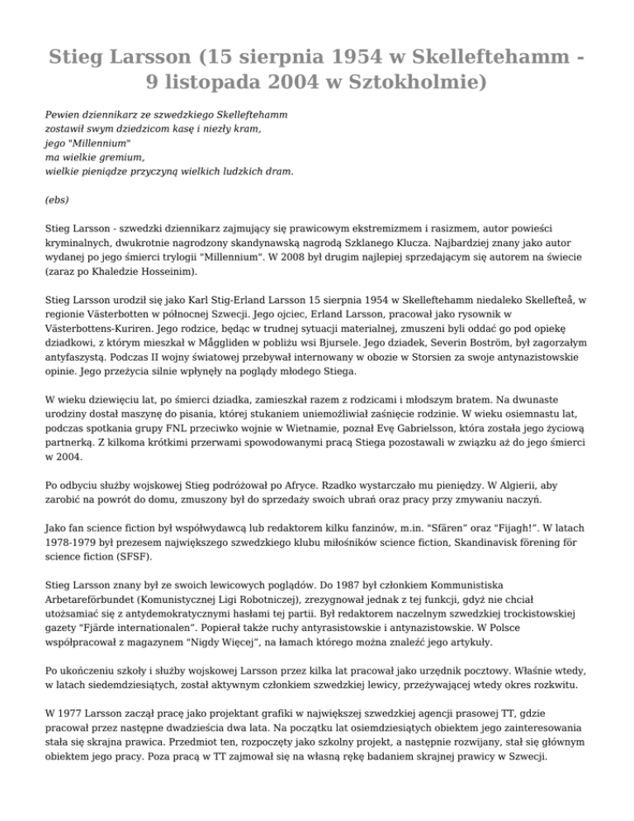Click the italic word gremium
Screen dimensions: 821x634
point(121,156)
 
